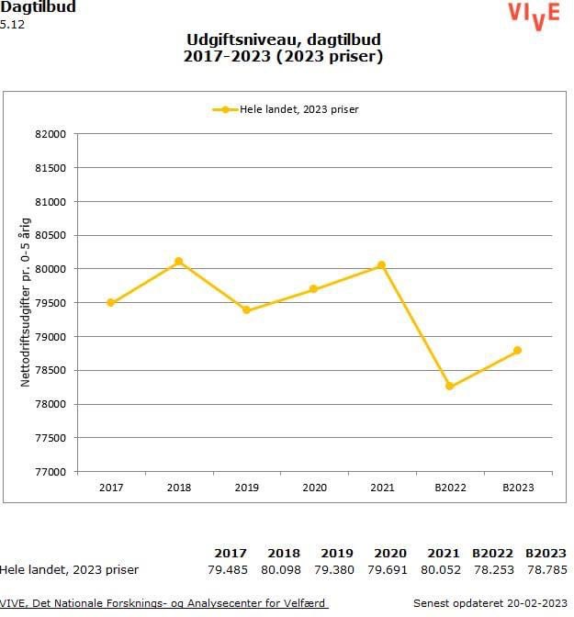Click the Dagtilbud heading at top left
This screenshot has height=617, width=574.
(x=38, y=7)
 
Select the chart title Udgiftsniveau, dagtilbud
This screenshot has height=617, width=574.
(x=283, y=40)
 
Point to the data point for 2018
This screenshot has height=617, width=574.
(x=179, y=262)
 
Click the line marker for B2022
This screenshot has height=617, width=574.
(x=450, y=387)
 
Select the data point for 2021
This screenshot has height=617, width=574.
(x=382, y=265)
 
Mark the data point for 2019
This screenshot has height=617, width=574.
(x=246, y=310)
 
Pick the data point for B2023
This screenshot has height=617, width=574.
(x=518, y=350)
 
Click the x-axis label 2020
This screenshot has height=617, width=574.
(x=314, y=488)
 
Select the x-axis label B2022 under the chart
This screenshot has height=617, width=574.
(x=450, y=488)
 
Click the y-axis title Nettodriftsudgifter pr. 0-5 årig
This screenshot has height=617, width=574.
(x=27, y=302)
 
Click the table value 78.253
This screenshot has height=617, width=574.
(x=491, y=569)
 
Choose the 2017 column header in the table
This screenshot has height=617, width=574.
(x=230, y=553)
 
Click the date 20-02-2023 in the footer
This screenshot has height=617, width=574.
(x=536, y=603)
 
